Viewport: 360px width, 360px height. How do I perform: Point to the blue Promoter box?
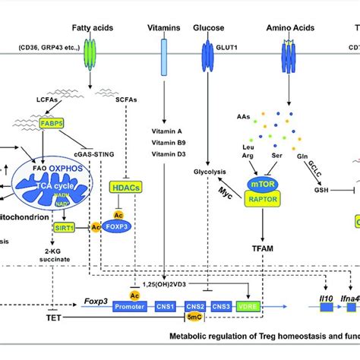tap(132, 307)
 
